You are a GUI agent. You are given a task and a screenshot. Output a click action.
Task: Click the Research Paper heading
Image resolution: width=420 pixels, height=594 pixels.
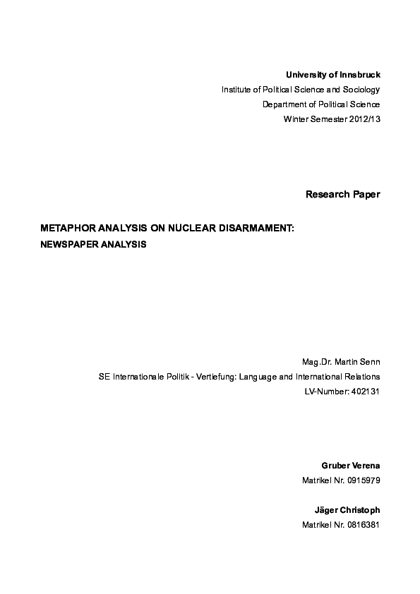(x=342, y=194)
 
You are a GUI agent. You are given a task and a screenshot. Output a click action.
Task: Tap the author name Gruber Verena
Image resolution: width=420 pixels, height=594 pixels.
(x=351, y=466)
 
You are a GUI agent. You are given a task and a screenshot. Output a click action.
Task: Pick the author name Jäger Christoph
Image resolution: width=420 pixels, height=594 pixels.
(x=347, y=510)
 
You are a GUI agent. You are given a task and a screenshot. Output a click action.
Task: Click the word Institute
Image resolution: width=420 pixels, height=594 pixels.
(x=239, y=90)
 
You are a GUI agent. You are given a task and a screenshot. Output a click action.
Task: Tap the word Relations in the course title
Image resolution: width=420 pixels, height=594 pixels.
(x=362, y=377)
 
